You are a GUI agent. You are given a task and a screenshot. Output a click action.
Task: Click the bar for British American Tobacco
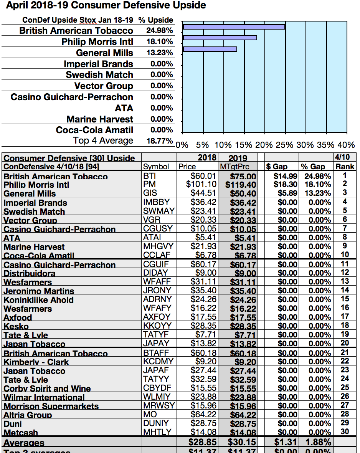click(x=234, y=27)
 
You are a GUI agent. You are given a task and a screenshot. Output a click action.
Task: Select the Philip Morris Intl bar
click(x=220, y=38)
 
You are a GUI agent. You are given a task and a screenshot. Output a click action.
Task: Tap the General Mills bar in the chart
click(x=210, y=49)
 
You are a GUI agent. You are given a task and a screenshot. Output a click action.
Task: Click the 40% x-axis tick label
click(x=346, y=145)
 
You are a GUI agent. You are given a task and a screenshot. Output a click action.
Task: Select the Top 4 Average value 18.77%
click(x=160, y=141)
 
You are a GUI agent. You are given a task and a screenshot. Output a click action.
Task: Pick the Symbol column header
click(x=156, y=167)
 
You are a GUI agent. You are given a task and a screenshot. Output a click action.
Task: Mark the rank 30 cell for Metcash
click(x=345, y=432)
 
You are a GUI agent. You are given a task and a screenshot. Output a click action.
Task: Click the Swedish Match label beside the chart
click(x=99, y=75)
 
